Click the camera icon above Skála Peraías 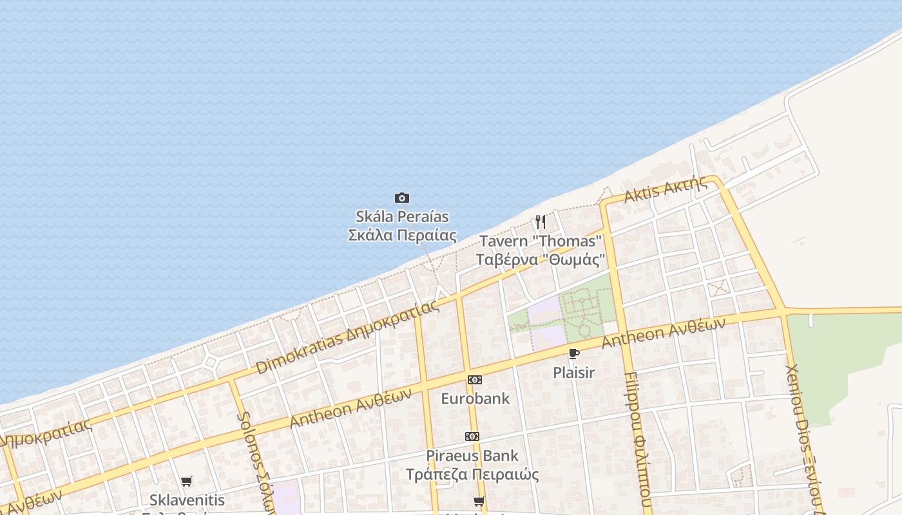[402, 198]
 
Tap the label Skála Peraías [402, 216]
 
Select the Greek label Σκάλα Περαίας [402, 235]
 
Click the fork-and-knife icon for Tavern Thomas [541, 222]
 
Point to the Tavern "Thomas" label [541, 241]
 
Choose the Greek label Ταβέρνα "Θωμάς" [541, 259]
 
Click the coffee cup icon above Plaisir [573, 353]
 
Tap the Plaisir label [573, 373]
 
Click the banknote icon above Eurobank [475, 380]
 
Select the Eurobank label [475, 398]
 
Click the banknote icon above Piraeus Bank [472, 436]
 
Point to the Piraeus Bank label [472, 456]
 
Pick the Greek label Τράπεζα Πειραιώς [472, 474]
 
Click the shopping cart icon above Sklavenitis [187, 481]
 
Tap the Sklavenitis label [187, 500]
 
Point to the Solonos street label [253, 460]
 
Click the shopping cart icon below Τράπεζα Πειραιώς [479, 501]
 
